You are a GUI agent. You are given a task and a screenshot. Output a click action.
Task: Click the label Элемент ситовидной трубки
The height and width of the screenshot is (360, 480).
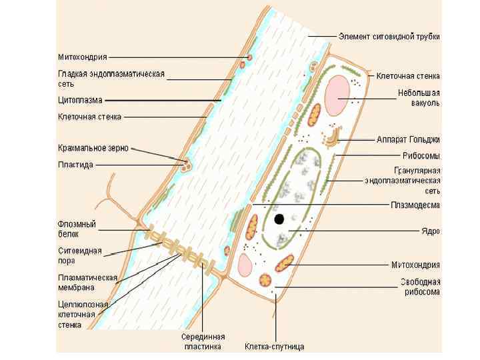point(389,36)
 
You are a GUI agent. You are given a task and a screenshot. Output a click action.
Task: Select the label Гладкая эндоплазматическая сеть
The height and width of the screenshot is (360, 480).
point(111,79)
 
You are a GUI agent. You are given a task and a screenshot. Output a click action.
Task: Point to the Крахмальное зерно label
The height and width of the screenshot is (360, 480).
point(93,148)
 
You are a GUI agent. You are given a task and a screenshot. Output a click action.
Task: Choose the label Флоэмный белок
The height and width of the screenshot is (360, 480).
point(77,229)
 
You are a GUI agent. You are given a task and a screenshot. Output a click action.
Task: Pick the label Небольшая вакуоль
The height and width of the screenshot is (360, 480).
point(419,98)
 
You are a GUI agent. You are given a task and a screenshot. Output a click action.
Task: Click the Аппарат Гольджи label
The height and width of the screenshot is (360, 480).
point(408,139)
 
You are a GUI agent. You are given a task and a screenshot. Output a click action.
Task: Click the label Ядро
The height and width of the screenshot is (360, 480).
point(429,231)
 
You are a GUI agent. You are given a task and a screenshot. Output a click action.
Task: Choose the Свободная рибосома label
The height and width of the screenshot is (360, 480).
point(419,286)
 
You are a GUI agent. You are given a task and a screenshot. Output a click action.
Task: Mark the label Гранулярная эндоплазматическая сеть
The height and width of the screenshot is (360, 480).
point(403,180)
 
